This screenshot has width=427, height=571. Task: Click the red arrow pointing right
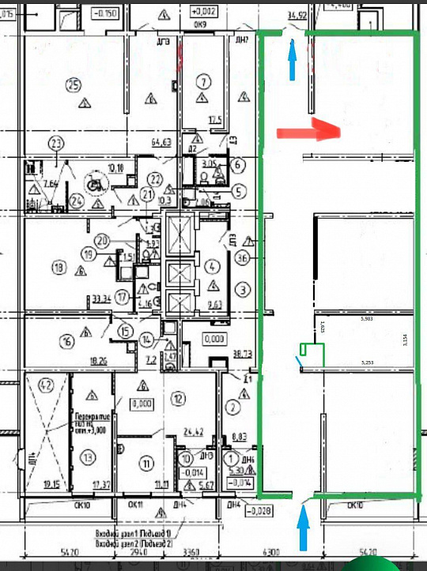[x=308, y=130]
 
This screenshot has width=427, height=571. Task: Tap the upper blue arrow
[x=293, y=58]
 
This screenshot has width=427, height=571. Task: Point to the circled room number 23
[x=55, y=143]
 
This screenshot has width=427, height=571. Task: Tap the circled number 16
[x=66, y=340]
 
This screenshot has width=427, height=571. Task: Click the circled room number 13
[x=87, y=456]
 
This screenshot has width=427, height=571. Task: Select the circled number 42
[x=47, y=386]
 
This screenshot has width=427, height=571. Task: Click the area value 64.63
[x=161, y=143]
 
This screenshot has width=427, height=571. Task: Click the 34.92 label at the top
[x=297, y=14]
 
